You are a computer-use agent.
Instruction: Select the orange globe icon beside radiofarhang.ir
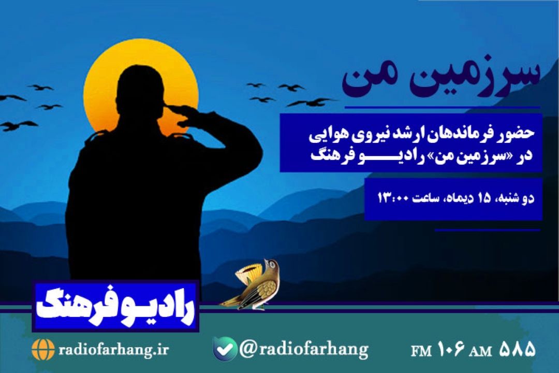[43, 350]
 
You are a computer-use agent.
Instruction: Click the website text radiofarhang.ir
[113, 350]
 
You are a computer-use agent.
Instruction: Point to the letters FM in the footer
[421, 351]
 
